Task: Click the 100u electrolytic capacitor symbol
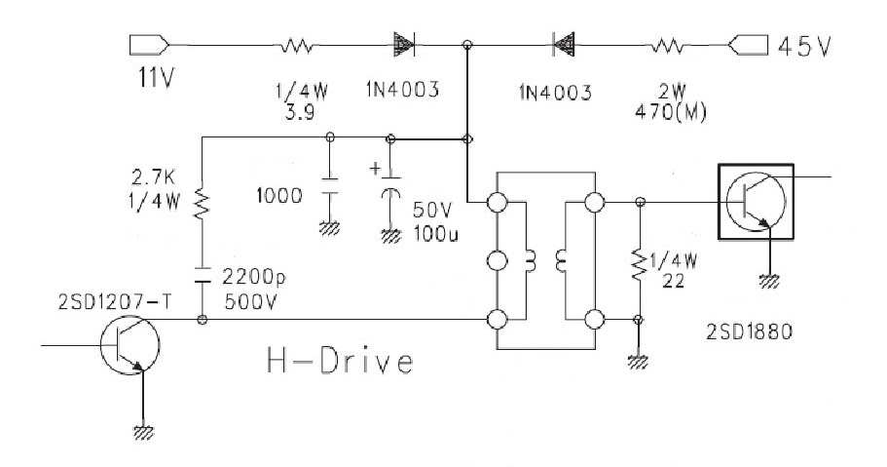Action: [390, 192]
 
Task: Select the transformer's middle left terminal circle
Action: [498, 261]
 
